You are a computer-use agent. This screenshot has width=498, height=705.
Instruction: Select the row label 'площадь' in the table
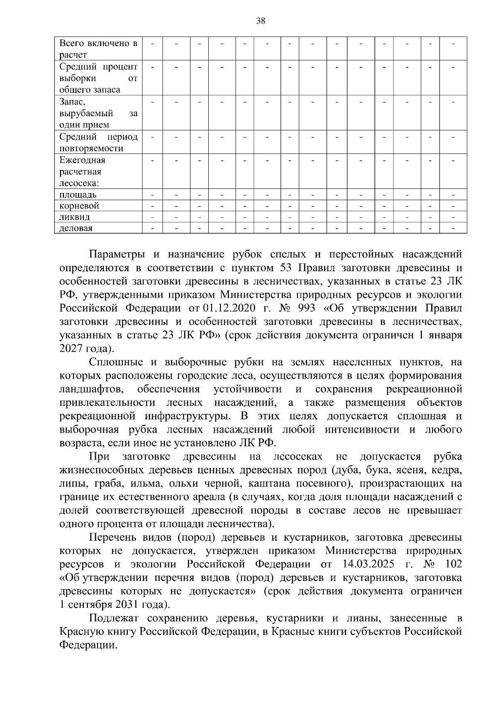pos(78,195)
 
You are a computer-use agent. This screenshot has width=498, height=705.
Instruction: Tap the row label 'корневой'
pos(79,206)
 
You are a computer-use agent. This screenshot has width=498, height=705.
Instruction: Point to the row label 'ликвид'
pos(74,217)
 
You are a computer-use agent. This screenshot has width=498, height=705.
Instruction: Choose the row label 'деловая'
pos(76,228)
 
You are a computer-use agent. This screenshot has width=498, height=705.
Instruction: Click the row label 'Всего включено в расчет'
pos(98,49)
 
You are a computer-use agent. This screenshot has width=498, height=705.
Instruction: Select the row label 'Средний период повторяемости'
pos(98,142)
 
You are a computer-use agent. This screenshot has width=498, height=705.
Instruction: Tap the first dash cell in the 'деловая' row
pos(152,228)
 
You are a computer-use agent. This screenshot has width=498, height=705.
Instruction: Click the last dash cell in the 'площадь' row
pos(453,195)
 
